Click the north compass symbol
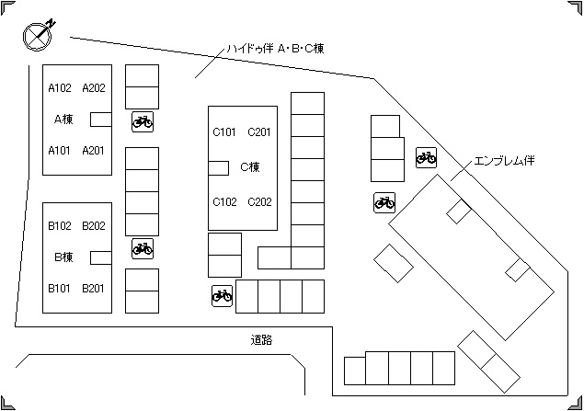(x=38, y=34)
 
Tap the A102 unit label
(x=60, y=88)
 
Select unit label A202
(x=94, y=88)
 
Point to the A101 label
(x=60, y=150)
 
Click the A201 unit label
(x=94, y=150)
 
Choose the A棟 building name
(x=63, y=119)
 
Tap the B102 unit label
(x=60, y=225)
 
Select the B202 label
(x=94, y=225)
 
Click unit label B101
(x=60, y=288)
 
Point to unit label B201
(x=94, y=288)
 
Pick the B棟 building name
(x=63, y=257)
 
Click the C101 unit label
(x=225, y=132)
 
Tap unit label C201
(x=259, y=132)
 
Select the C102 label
(x=225, y=201)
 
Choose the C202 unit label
(x=259, y=201)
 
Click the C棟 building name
(x=250, y=167)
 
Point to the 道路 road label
(x=262, y=340)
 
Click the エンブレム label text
(x=504, y=161)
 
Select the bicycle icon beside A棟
(x=143, y=120)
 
